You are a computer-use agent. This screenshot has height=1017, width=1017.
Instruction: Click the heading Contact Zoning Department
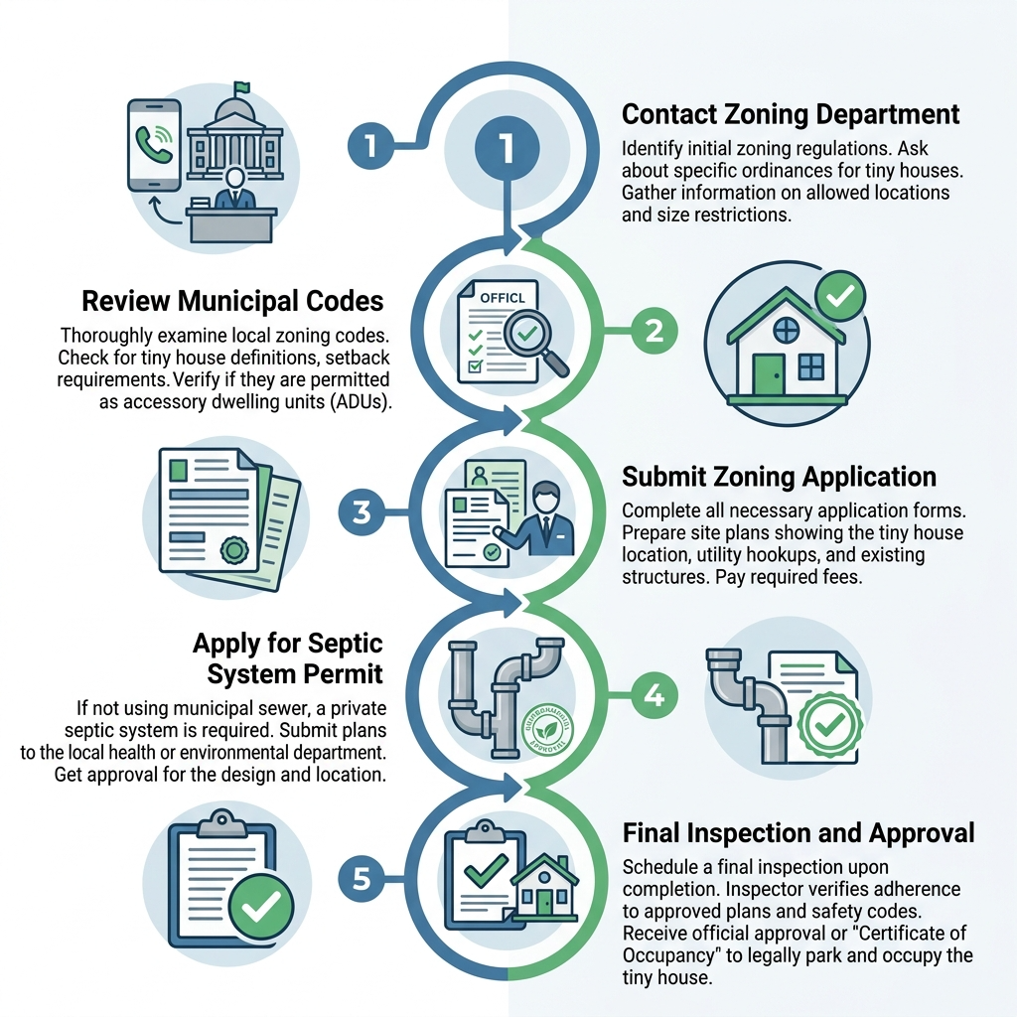(791, 114)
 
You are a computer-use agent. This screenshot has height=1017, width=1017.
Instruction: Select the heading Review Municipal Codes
(232, 301)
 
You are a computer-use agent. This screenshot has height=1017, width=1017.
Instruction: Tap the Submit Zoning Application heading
(779, 477)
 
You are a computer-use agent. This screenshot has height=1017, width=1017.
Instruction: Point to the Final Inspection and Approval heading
(798, 832)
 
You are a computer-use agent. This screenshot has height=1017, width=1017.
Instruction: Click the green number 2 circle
(654, 331)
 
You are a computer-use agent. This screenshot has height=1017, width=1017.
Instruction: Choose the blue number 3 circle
(362, 512)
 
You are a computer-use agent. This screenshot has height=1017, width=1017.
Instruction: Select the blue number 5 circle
(362, 878)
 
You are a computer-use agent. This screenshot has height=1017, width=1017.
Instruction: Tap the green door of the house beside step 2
(767, 373)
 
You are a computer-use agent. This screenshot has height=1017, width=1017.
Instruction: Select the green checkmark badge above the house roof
(839, 295)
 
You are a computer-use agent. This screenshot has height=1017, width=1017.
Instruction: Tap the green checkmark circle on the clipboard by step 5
(260, 905)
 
